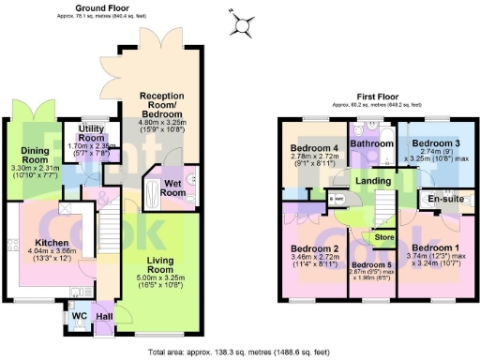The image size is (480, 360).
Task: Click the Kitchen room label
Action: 27,242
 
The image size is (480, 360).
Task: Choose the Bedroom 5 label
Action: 371,264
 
